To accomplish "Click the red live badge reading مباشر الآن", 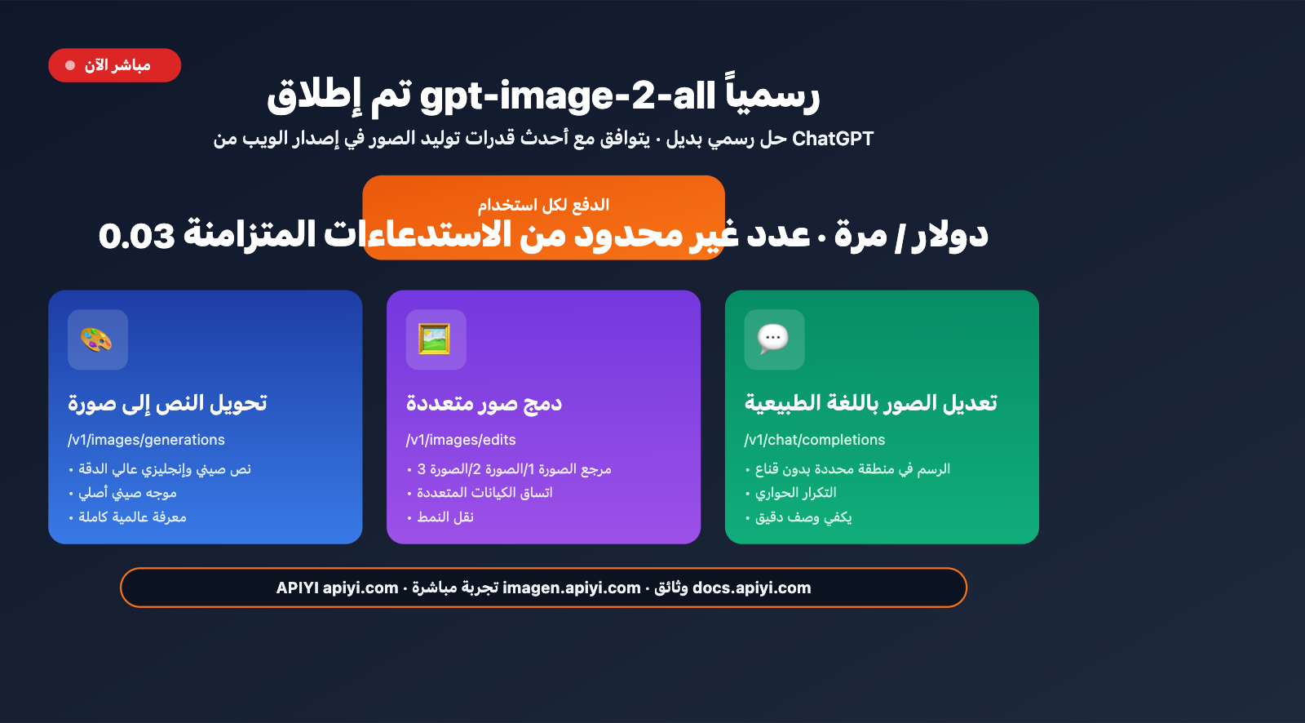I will (x=114, y=65).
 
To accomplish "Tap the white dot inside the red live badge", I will (x=70, y=65).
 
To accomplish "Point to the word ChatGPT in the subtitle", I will (x=833, y=139).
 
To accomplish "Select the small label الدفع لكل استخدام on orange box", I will (x=543, y=205).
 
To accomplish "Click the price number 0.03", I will (x=136, y=236).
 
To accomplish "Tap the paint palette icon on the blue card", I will (x=97, y=339).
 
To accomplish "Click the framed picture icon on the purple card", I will (x=436, y=339).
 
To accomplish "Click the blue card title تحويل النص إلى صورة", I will (x=167, y=403).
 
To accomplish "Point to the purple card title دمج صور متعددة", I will (x=484, y=403).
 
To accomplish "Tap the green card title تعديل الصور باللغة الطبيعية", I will (x=870, y=403).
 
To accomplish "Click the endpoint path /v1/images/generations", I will (x=146, y=440).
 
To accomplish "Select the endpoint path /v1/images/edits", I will (x=461, y=440).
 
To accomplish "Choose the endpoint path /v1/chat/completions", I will (x=814, y=440).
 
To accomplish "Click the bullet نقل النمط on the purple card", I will (x=445, y=517).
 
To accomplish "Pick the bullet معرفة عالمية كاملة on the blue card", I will (x=132, y=517).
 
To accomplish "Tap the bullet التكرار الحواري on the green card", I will (x=795, y=493).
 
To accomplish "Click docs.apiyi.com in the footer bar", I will (x=751, y=588).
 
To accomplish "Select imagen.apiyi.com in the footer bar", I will (x=571, y=588).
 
